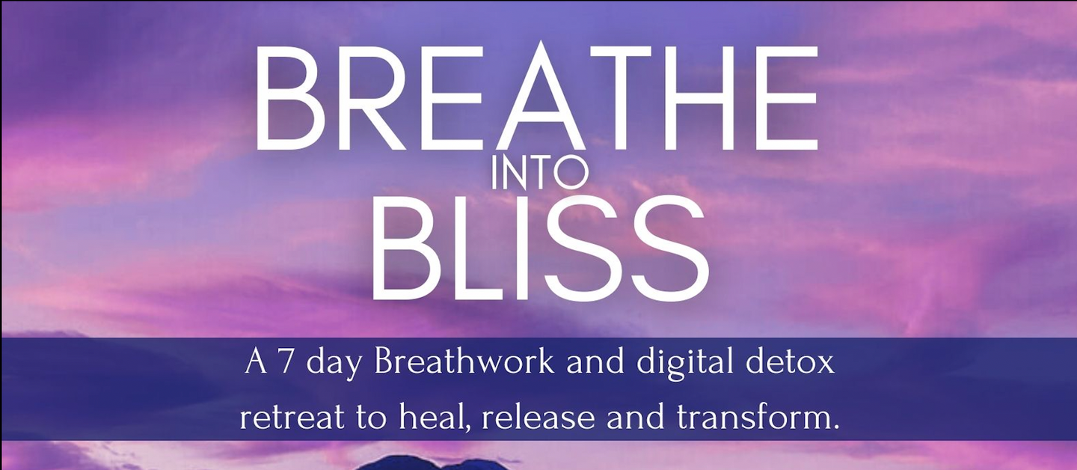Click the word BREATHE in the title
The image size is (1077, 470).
[x=536, y=99]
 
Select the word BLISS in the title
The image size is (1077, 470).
[x=538, y=246]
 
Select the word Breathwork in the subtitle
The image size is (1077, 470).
[x=464, y=363]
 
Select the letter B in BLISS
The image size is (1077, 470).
[x=405, y=246]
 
